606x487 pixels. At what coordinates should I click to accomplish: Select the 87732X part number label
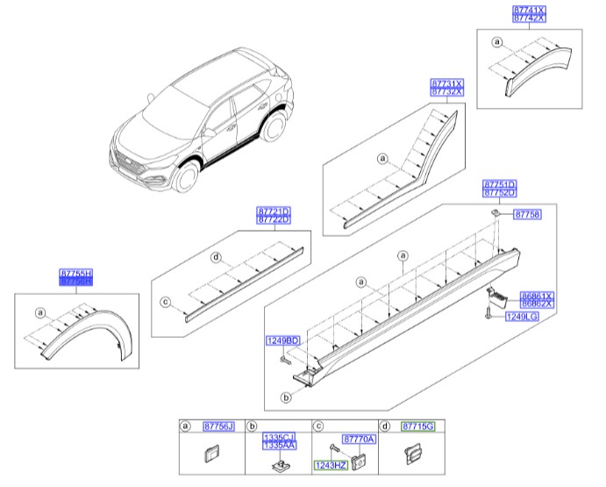(x=446, y=91)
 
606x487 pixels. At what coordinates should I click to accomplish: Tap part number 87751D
(x=500, y=185)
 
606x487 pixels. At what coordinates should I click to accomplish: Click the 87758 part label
(x=529, y=213)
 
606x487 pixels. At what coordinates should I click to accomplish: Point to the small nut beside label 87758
(x=496, y=213)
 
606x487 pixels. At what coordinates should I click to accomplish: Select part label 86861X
(x=537, y=297)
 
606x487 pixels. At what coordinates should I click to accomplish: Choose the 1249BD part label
(x=283, y=340)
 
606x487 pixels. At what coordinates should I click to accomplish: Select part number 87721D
(x=274, y=211)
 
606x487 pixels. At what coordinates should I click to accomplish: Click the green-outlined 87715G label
(x=417, y=426)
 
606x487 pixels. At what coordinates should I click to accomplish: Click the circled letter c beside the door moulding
(x=163, y=302)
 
